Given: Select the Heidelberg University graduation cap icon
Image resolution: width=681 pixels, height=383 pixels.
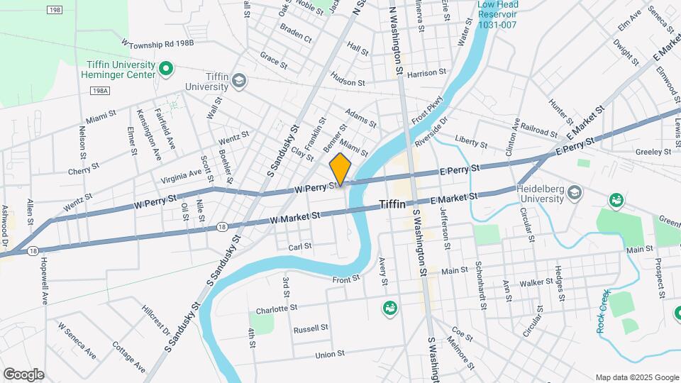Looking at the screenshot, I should (575, 193).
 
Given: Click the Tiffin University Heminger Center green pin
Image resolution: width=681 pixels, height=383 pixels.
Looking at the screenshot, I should (166, 69).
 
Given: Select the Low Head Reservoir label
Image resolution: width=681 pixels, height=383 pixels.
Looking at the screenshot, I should (498, 15).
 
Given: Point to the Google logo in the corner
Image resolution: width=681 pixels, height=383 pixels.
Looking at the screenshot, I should (23, 374).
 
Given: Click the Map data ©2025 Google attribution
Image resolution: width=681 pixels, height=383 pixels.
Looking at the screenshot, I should (636, 377).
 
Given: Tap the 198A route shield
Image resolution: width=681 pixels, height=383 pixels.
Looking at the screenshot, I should (100, 91).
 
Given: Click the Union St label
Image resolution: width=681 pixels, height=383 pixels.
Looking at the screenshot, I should (329, 353).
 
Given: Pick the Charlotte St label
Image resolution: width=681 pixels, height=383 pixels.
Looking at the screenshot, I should (276, 309).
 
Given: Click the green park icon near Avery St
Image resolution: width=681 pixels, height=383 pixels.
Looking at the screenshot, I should (389, 307).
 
